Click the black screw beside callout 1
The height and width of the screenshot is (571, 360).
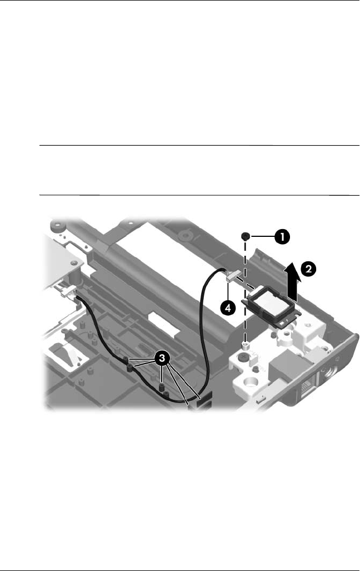click(x=244, y=237)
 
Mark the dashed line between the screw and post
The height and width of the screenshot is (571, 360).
click(x=244, y=289)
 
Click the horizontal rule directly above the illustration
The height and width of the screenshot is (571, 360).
click(x=199, y=195)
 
